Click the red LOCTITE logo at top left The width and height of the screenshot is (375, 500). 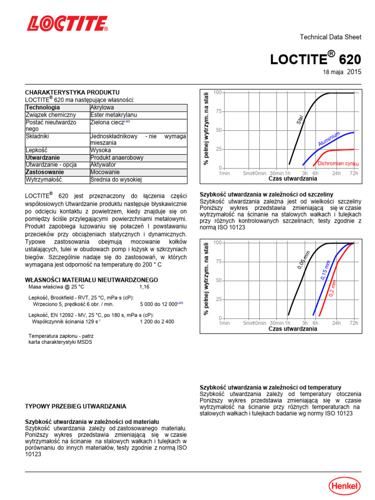pos(67,23)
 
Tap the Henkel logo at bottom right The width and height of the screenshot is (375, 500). pos(344,485)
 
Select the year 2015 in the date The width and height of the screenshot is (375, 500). pos(354,72)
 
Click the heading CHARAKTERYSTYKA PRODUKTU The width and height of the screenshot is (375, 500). pos(72,92)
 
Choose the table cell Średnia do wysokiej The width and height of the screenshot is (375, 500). pos(116,180)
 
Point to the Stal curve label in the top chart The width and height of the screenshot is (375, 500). pos(300,119)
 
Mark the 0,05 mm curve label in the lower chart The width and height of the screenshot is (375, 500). pos(303,259)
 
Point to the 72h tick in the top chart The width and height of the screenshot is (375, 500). pos(354,173)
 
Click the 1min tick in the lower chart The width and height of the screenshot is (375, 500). pos(224,323)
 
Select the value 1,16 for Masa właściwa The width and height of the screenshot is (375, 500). pos(145,287)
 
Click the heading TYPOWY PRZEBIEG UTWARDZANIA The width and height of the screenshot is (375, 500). pos(75,406)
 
